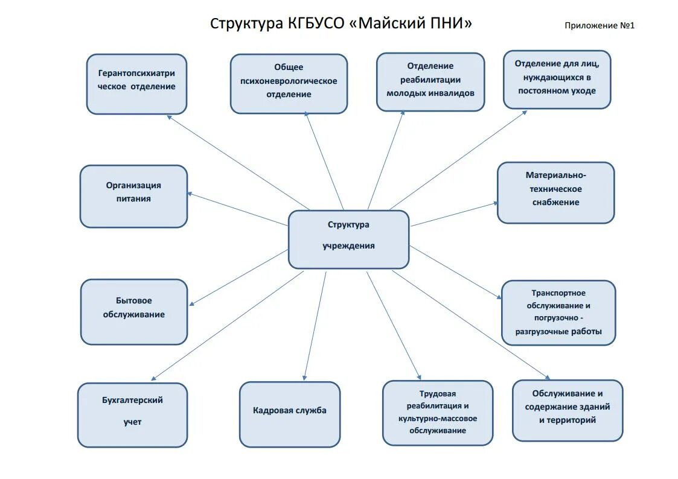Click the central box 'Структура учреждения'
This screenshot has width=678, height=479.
point(348,239)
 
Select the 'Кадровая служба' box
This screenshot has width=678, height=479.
point(290,414)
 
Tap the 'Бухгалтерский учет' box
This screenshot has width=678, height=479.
point(132,414)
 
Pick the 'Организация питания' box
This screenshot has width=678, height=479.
point(133,196)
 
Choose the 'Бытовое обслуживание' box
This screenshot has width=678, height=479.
point(134,311)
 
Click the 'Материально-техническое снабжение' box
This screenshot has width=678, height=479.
point(555,192)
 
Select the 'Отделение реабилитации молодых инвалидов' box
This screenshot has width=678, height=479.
point(430,82)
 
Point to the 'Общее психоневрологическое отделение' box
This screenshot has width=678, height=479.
point(289,83)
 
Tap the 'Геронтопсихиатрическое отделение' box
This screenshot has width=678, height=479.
point(136,84)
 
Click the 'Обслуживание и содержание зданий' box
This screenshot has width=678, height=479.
point(568,410)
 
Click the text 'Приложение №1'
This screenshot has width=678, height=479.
point(600,25)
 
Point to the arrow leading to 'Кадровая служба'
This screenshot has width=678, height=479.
point(315,326)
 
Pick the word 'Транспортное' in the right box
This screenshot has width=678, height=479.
point(558,293)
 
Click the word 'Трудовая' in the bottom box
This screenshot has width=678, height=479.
point(438,393)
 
